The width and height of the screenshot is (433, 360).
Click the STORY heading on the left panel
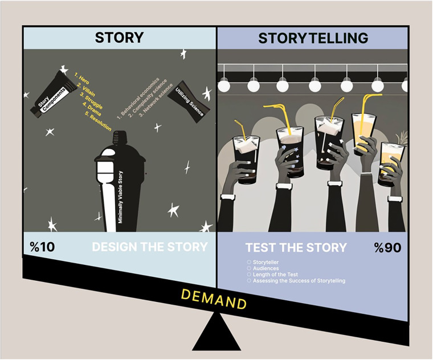119,38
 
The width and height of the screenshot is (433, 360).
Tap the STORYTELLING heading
313,38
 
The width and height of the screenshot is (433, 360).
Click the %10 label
42,247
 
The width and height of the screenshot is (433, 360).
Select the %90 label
388,248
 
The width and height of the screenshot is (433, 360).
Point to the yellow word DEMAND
214,299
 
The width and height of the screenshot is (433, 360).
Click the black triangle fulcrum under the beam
217,332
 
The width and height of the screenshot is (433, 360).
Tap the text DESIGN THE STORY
150,247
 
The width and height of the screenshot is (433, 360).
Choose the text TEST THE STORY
296,248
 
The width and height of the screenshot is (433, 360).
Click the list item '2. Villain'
86,90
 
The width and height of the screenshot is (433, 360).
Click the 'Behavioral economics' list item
138,99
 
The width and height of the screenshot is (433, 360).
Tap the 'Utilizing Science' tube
189,102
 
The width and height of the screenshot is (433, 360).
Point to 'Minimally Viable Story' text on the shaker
121,197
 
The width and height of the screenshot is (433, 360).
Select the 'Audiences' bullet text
265,268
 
